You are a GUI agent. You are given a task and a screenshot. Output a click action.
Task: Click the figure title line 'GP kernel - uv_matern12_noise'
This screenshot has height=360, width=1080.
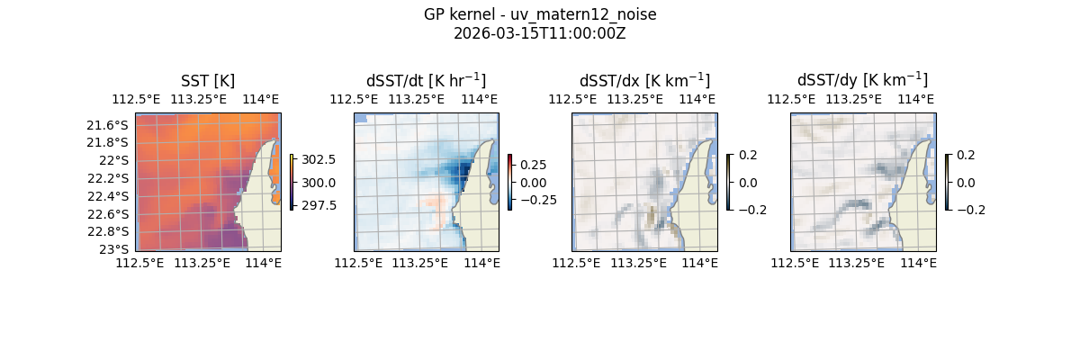click(540, 14)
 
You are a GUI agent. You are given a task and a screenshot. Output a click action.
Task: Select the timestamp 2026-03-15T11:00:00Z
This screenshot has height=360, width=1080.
click(540, 33)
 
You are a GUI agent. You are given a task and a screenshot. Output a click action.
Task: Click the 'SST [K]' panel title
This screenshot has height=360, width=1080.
click(208, 81)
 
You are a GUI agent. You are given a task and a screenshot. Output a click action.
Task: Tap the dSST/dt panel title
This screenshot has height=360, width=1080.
click(426, 81)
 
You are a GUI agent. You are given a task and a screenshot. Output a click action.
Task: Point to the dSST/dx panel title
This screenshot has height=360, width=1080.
click(644, 81)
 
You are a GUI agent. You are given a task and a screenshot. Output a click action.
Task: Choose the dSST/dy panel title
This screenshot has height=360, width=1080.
click(862, 81)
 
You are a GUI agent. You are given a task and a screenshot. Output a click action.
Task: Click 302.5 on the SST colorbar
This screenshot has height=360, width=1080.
click(319, 160)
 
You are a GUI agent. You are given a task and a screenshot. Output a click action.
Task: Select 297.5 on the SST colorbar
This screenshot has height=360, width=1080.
click(319, 205)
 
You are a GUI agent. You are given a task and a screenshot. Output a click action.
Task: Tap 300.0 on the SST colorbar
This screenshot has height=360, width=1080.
click(319, 183)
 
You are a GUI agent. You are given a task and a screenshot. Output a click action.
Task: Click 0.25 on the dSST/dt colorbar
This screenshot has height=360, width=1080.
click(534, 166)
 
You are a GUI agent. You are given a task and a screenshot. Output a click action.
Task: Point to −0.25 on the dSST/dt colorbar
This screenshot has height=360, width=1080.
click(536, 200)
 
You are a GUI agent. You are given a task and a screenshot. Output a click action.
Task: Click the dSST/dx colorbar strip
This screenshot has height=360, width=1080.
click(728, 182)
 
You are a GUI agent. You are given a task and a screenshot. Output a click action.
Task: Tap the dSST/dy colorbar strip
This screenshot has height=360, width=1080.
click(947, 182)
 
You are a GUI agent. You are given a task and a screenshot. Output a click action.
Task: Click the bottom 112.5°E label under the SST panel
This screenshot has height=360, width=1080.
click(139, 263)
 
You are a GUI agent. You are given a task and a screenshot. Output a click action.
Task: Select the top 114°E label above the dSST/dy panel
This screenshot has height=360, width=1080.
click(915, 99)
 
